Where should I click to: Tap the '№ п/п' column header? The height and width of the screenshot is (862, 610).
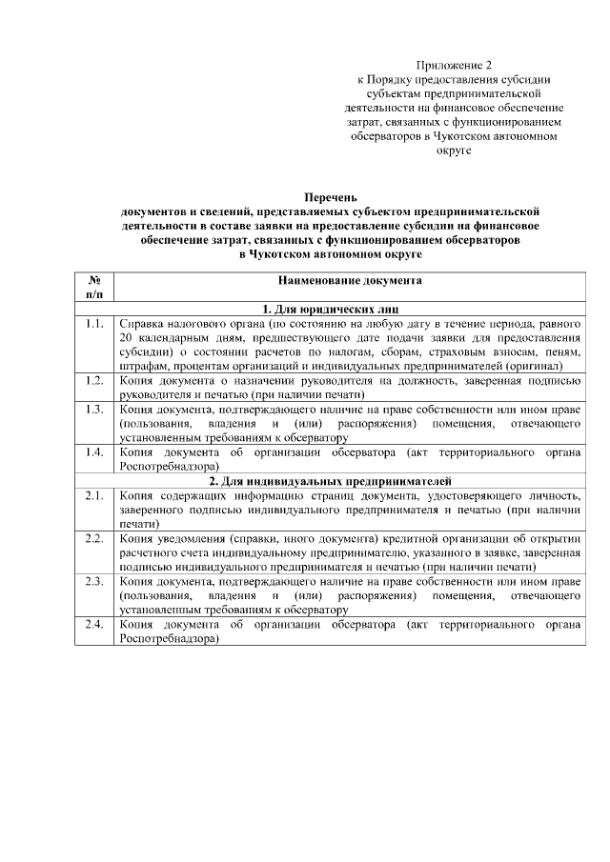point(94,289)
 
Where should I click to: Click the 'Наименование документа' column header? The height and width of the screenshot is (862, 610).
point(350,282)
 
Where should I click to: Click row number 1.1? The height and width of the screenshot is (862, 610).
point(93,324)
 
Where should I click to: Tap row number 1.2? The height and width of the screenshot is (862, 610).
point(93,381)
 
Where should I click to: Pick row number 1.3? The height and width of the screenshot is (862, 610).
point(93,410)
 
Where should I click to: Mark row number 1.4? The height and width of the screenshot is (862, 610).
point(93,452)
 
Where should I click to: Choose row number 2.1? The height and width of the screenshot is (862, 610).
point(93,495)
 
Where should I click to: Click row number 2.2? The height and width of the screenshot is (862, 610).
point(93,538)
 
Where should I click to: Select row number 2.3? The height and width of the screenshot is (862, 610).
point(93,581)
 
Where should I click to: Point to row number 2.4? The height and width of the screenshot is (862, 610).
point(93,624)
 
